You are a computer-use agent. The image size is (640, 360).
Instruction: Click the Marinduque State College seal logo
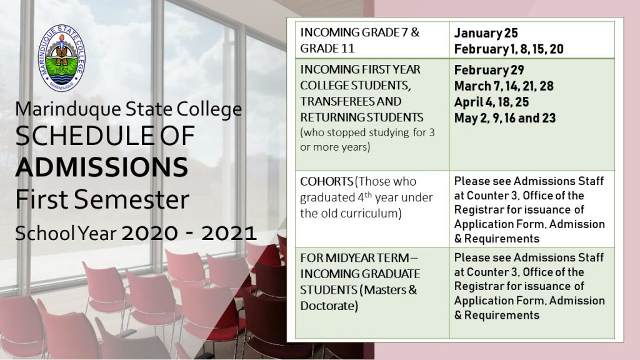pos(62,57)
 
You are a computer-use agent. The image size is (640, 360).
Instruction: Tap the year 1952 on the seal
pos(62,70)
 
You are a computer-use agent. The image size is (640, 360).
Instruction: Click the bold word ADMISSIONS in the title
pos(102,167)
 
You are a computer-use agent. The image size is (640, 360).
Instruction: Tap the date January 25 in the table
pos(486,32)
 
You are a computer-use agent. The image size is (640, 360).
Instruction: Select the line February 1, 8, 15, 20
pos(509,49)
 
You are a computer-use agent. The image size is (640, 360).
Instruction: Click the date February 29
pos(489,70)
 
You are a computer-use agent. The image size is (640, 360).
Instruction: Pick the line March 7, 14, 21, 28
pos(504,86)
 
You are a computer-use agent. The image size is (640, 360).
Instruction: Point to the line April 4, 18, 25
pos(491,102)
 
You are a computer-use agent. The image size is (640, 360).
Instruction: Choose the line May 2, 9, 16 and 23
pos(505,118)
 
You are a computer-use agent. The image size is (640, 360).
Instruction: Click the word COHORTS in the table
pos(326,181)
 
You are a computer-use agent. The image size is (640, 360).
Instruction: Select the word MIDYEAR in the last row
pos(350,258)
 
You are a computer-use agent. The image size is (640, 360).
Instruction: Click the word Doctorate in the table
pos(329,306)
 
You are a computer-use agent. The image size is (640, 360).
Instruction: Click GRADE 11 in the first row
pos(327,48)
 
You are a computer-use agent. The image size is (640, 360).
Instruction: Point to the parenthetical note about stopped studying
pos(367,139)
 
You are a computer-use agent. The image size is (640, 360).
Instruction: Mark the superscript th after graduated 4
pos(367,194)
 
